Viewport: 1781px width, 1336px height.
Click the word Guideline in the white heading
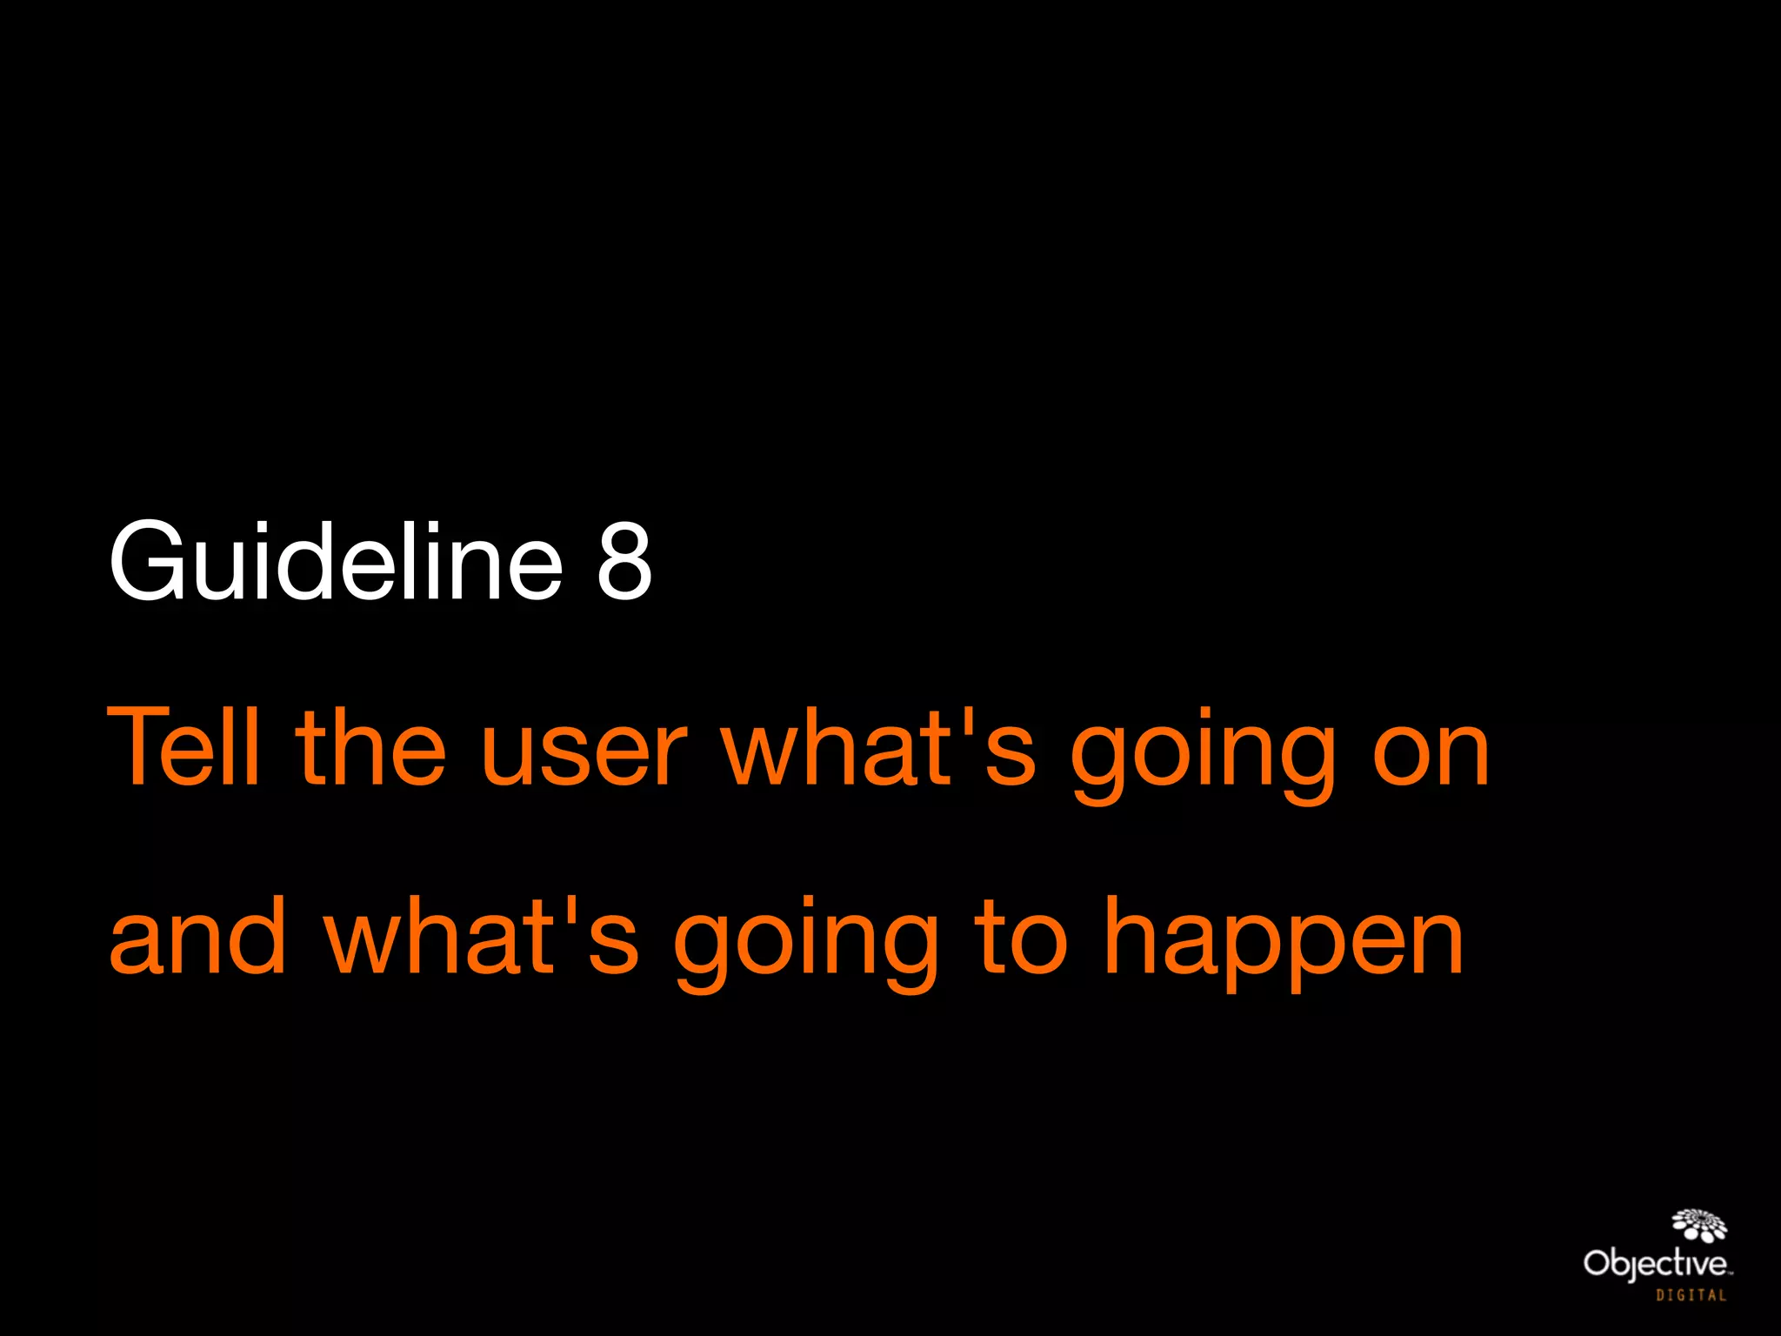tap(336, 560)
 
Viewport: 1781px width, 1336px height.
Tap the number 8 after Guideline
tap(624, 562)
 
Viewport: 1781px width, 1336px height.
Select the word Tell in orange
tap(183, 746)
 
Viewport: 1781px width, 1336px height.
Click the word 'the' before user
tap(370, 746)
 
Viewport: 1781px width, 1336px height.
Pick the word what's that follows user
tap(879, 746)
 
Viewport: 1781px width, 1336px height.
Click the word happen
tap(1284, 943)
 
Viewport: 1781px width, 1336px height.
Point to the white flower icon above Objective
tap(1699, 1224)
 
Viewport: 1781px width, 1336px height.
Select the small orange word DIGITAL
tap(1691, 1296)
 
